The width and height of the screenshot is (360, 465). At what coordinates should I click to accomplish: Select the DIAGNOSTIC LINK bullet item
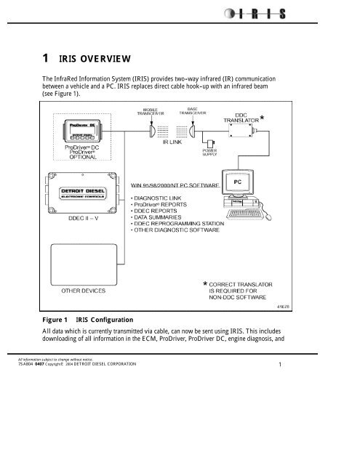tap(163, 197)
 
